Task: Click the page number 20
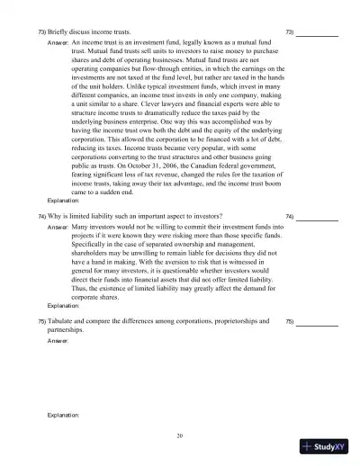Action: coord(180,435)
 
